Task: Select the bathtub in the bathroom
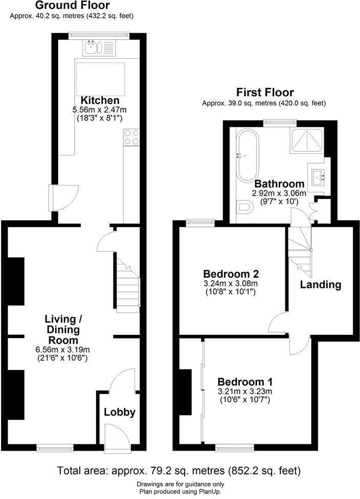click(x=248, y=154)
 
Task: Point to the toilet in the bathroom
click(x=245, y=208)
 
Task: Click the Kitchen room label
click(x=100, y=100)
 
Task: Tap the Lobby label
click(x=120, y=412)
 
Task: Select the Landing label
click(x=321, y=284)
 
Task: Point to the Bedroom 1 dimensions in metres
click(x=245, y=392)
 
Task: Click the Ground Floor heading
click(x=72, y=6)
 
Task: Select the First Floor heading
click(x=264, y=93)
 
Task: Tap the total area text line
click(x=178, y=470)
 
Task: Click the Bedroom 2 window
click(x=200, y=222)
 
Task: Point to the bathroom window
click(x=280, y=122)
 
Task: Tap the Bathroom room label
click(x=279, y=184)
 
